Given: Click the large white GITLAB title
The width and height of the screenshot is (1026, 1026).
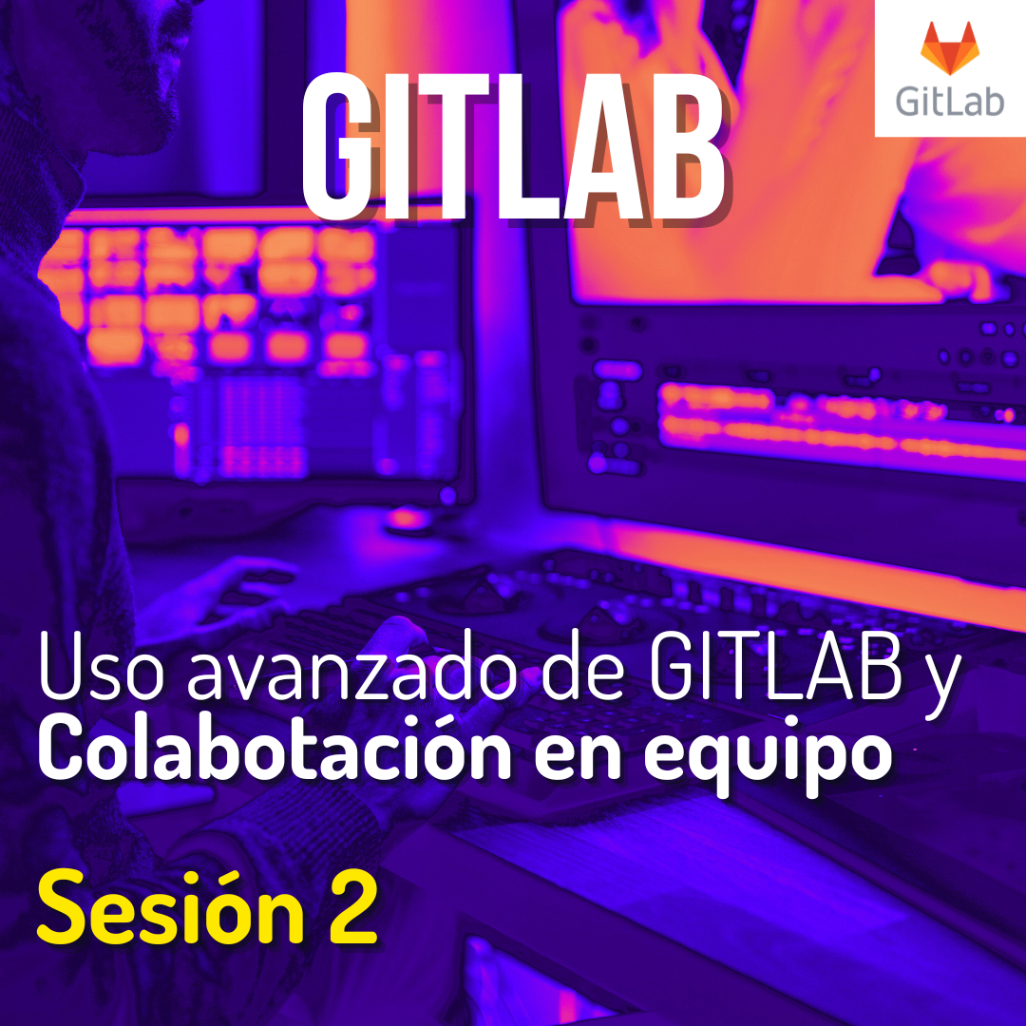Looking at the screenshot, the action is [x=514, y=146].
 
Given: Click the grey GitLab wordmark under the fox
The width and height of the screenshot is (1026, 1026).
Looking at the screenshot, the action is [x=949, y=101].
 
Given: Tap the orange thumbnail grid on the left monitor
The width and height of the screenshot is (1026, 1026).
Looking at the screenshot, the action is [x=216, y=294].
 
